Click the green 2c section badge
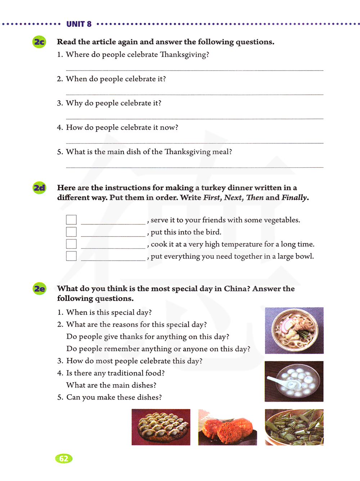click(39, 42)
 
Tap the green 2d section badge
click(39, 188)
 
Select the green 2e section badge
click(39, 289)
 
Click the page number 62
click(64, 458)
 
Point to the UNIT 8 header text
click(79, 24)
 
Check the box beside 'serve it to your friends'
click(71, 220)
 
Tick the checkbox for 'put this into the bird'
click(71, 232)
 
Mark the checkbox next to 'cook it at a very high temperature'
click(71, 244)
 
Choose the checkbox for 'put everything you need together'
click(71, 256)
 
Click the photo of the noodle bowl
click(294, 330)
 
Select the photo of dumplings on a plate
click(161, 427)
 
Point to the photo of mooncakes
click(228, 427)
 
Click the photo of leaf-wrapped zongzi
click(294, 427)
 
